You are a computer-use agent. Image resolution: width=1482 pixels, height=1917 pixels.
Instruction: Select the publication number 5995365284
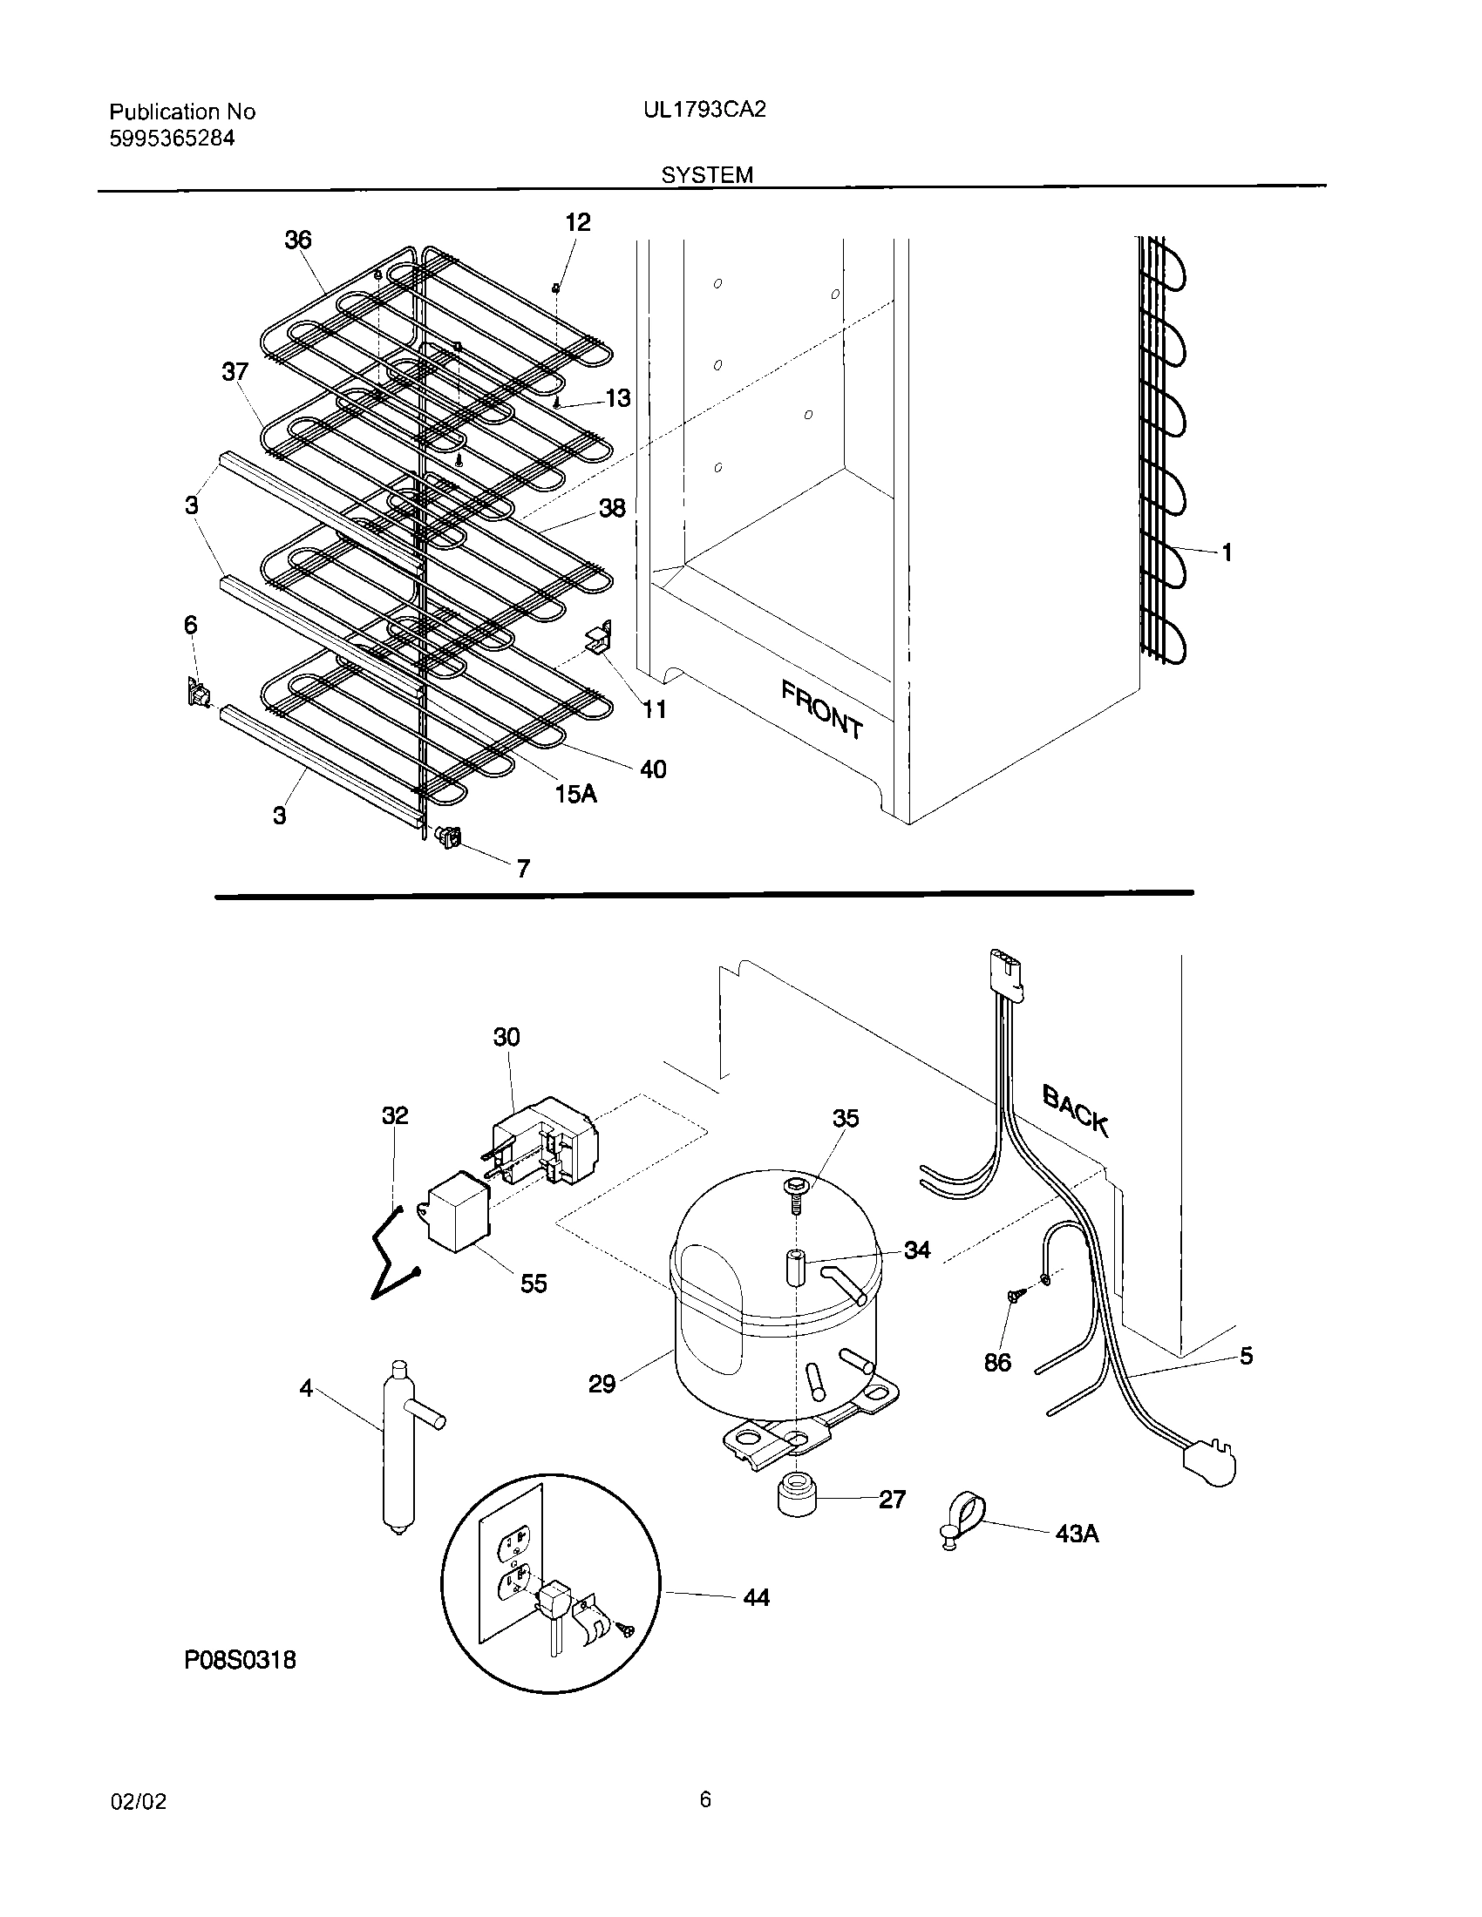pyautogui.click(x=171, y=138)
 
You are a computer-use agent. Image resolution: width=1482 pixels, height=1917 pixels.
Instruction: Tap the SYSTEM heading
pyautogui.click(x=707, y=174)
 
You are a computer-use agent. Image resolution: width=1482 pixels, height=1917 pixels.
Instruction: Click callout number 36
pyautogui.click(x=297, y=240)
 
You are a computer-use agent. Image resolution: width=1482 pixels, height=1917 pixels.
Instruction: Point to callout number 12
pyautogui.click(x=577, y=222)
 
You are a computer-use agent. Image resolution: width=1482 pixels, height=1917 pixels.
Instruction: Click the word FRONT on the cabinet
pyautogui.click(x=822, y=709)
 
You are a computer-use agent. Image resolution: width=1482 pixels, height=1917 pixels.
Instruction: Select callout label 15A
pyautogui.click(x=575, y=794)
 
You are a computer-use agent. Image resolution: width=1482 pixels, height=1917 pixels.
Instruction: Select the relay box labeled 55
pyautogui.click(x=459, y=1211)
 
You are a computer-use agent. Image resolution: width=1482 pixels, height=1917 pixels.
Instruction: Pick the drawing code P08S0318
pyautogui.click(x=240, y=1660)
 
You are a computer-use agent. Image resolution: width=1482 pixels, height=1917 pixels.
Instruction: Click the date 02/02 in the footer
pyautogui.click(x=138, y=1802)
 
